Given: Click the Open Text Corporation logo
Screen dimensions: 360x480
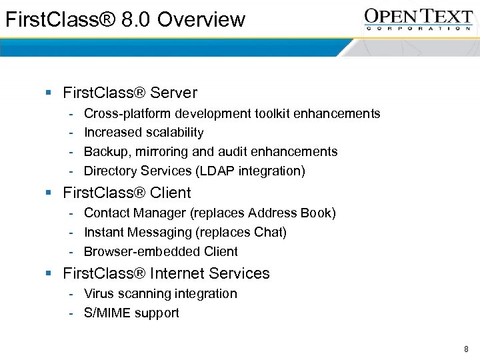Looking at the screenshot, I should [x=418, y=19].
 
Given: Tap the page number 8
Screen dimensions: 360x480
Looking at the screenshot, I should [x=466, y=349].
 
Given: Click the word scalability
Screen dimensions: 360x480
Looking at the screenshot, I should [x=171, y=133].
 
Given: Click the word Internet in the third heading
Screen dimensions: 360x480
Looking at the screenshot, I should [x=180, y=273].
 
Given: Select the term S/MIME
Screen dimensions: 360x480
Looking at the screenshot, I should [x=107, y=313].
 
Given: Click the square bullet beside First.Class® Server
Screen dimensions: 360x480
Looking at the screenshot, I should [x=49, y=93].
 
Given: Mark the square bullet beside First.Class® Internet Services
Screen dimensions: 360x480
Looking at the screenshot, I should [x=49, y=274].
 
